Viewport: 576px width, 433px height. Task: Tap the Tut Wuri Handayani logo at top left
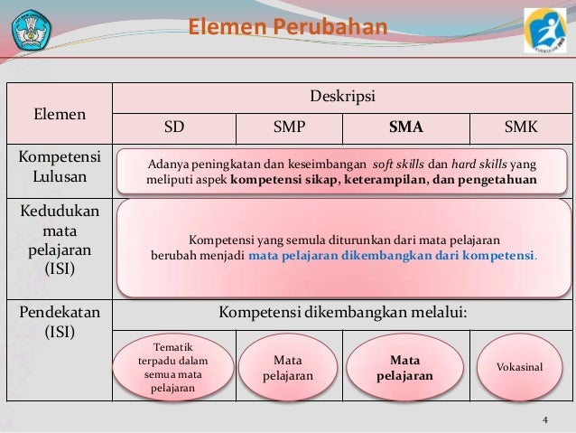click(x=33, y=29)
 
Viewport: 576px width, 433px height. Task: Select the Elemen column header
click(x=60, y=115)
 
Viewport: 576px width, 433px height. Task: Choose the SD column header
click(x=173, y=127)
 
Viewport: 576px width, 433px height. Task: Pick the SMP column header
click(x=289, y=127)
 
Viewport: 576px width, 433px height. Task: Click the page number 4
click(x=544, y=420)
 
